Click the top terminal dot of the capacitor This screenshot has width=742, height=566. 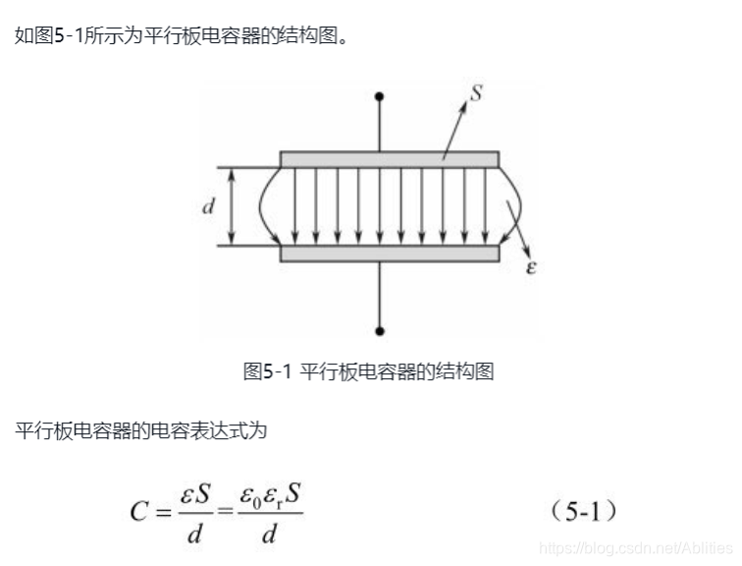pos(380,96)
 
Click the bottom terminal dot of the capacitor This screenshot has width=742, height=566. pos(380,331)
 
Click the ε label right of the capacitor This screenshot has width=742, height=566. pos(531,266)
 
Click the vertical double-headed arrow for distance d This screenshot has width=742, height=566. pos(233,206)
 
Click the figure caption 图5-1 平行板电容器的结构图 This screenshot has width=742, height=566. pos(368,371)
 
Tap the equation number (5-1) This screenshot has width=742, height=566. pos(583,512)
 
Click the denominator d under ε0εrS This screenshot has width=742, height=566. pos(269,534)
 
